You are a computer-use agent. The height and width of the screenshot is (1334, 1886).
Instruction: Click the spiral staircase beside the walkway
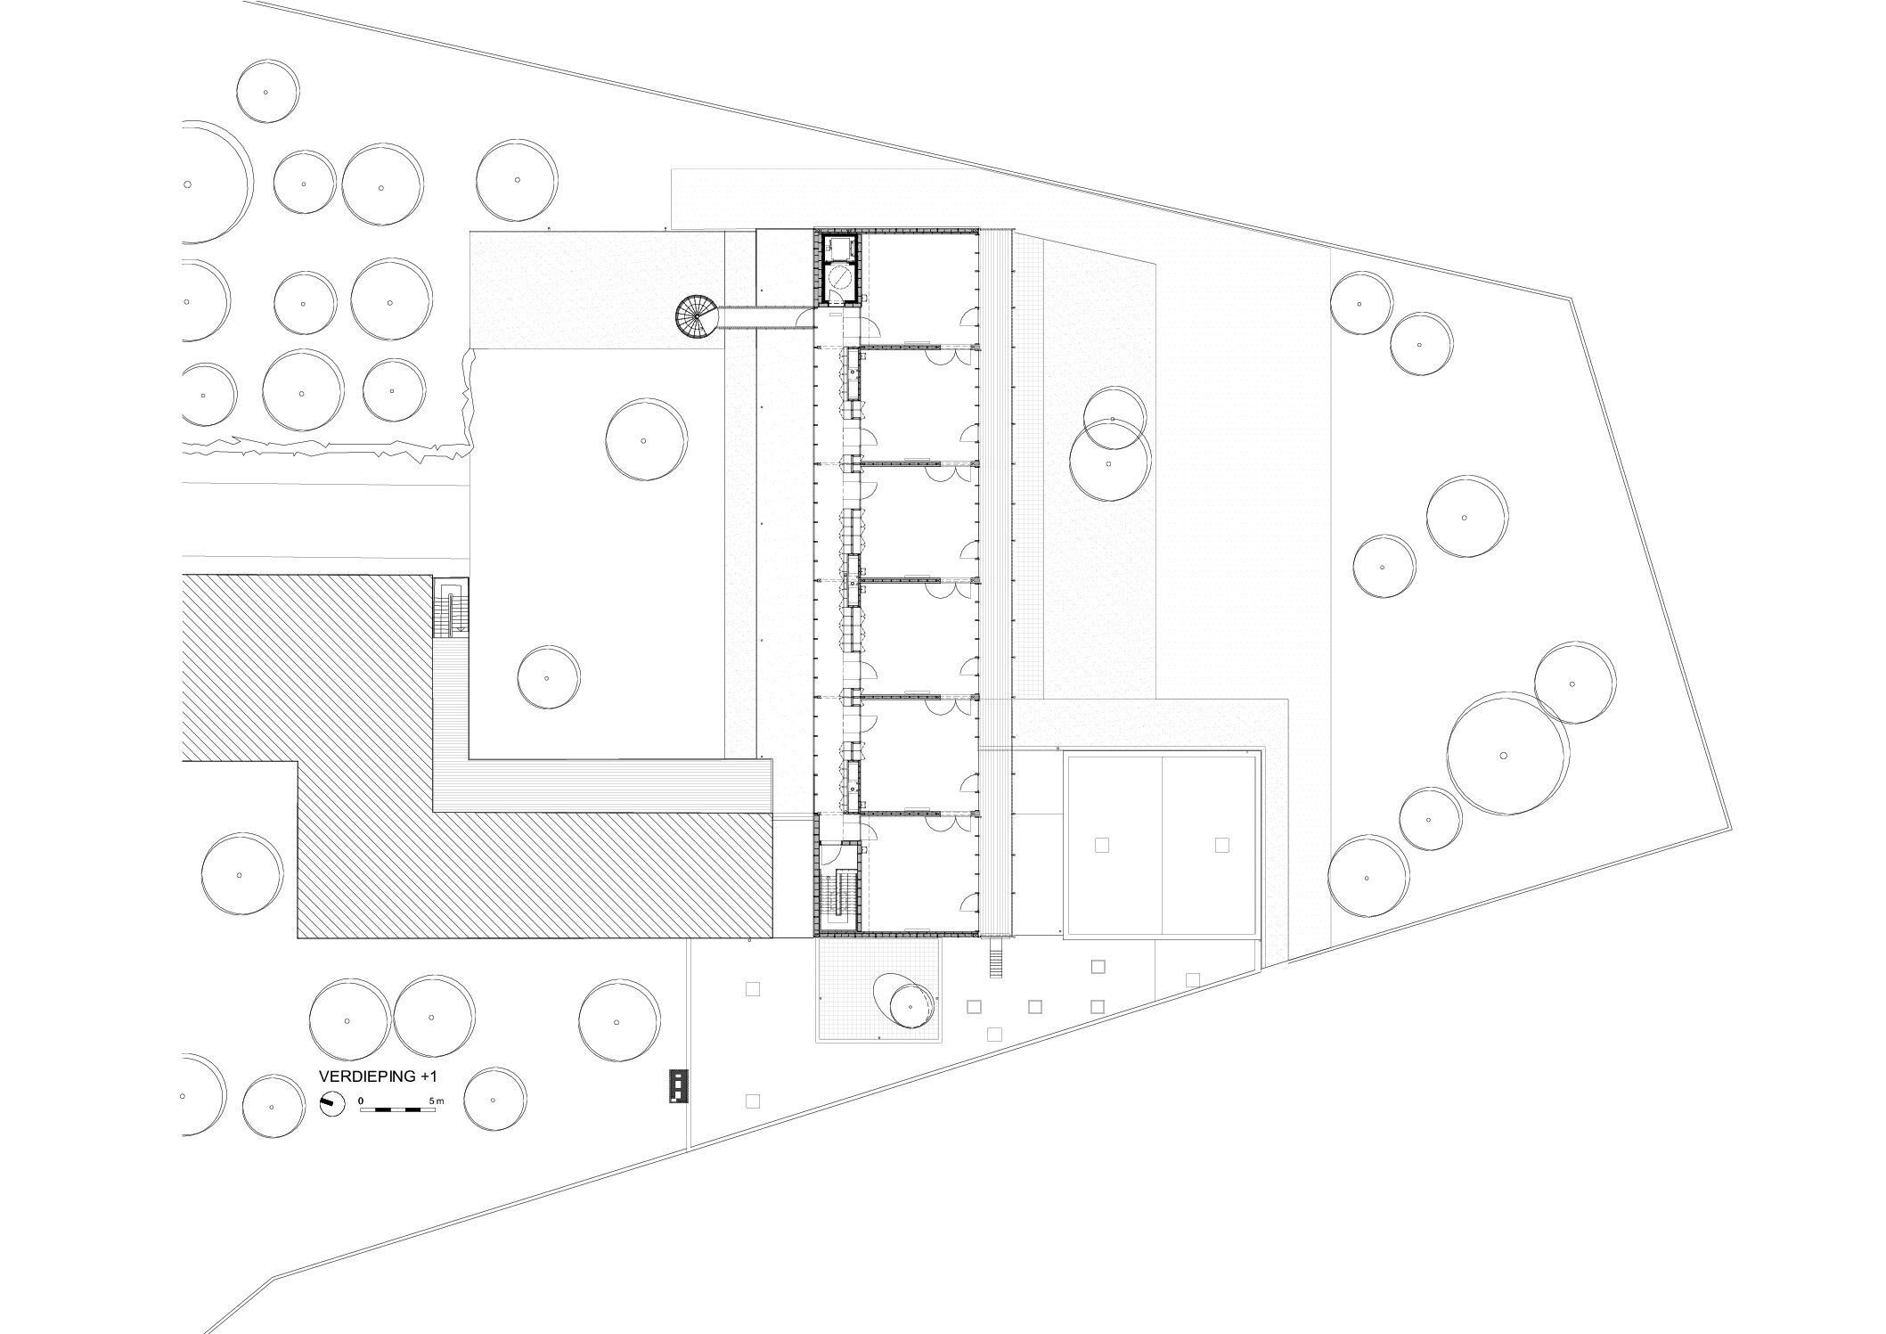click(695, 317)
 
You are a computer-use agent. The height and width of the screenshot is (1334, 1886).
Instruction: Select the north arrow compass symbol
click(331, 1103)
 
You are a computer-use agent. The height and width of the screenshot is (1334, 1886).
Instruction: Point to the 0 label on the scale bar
click(361, 1101)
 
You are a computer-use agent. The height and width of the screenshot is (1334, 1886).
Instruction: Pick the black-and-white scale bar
click(397, 1110)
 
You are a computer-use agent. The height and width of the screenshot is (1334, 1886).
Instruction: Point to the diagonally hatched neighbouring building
click(477, 757)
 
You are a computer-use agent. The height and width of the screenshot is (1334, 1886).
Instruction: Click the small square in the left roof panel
click(1102, 846)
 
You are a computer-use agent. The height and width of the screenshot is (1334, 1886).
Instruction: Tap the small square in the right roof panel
click(1221, 846)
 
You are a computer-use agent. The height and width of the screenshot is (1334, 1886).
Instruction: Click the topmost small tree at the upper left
click(268, 92)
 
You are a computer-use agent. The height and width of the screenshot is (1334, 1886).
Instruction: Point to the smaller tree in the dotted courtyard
click(548, 677)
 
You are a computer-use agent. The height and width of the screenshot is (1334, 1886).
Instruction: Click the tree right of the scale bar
click(495, 1100)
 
